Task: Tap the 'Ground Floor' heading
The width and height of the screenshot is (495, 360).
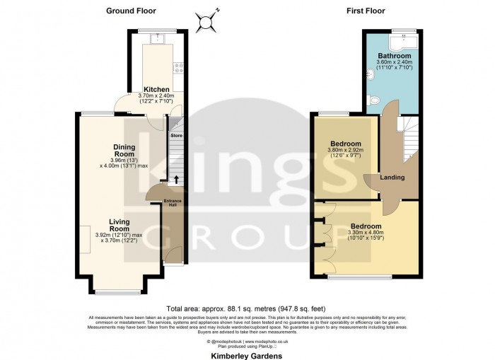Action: point(131,11)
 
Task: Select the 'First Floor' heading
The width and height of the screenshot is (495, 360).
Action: point(365,11)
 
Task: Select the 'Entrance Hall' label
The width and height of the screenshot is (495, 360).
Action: point(173,204)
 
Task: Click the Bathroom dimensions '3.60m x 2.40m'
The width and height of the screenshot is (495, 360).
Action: point(394,64)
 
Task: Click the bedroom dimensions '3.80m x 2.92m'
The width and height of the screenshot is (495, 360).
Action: point(346,151)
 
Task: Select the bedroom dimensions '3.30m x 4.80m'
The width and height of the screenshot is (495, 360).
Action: point(365,234)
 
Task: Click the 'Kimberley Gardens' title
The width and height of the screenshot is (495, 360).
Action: point(248,356)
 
